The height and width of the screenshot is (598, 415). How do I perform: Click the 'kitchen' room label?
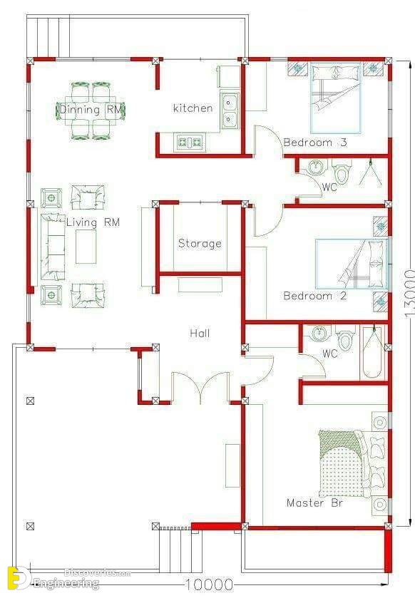click(x=193, y=108)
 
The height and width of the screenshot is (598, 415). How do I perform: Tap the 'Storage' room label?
click(x=200, y=243)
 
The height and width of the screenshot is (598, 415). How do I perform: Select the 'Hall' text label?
click(x=200, y=334)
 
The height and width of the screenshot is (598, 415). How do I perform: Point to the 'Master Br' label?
click(x=314, y=503)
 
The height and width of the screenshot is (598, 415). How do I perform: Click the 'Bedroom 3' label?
click(x=315, y=143)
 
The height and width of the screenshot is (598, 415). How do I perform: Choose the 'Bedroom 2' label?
click(x=315, y=296)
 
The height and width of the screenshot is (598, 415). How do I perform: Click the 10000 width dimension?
click(x=209, y=584)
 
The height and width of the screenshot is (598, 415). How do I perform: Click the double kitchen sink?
click(x=229, y=110)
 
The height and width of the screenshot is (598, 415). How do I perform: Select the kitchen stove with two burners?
click(x=190, y=143)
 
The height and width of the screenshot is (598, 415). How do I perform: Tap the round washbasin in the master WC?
click(x=319, y=334)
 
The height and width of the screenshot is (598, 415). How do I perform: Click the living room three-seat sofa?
click(x=53, y=247)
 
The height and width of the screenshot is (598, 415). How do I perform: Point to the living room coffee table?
click(x=86, y=247)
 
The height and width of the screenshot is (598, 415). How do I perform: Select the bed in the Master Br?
click(x=343, y=463)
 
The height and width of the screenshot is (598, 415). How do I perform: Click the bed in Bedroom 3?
click(x=336, y=98)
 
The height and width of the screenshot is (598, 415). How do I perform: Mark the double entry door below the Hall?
click(x=200, y=388)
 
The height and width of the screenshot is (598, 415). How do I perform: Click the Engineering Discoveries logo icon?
click(x=18, y=579)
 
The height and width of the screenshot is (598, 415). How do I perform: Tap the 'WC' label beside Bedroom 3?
click(x=329, y=187)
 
